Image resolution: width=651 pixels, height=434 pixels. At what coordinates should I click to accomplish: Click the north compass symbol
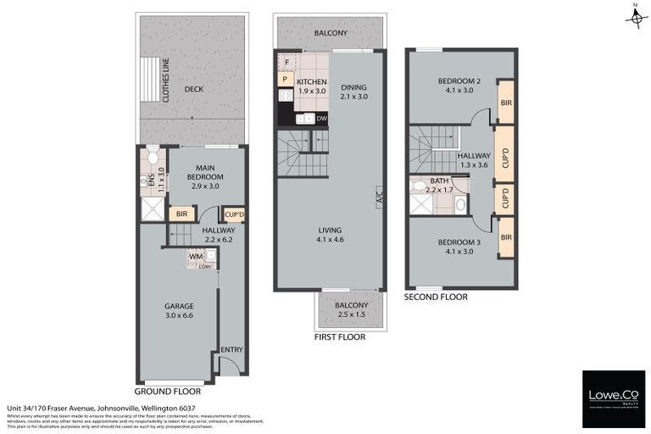click(635, 16)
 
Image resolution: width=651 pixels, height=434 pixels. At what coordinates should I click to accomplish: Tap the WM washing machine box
click(196, 255)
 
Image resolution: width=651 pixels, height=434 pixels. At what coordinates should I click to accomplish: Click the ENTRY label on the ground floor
click(231, 349)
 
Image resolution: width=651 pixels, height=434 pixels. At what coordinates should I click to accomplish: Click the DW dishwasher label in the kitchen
click(321, 119)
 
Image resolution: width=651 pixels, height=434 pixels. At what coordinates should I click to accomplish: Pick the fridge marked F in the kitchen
click(287, 63)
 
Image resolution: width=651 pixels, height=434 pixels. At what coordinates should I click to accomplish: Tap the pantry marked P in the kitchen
click(286, 80)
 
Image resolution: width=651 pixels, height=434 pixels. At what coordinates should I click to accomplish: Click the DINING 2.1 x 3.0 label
click(355, 92)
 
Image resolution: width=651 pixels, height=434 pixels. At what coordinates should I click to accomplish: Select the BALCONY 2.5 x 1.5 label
click(351, 310)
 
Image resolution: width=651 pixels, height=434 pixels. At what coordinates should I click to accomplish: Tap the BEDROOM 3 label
click(459, 247)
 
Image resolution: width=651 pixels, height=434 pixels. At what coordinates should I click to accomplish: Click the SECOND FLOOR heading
click(436, 298)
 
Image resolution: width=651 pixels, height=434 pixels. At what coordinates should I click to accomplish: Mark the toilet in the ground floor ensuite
click(153, 156)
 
